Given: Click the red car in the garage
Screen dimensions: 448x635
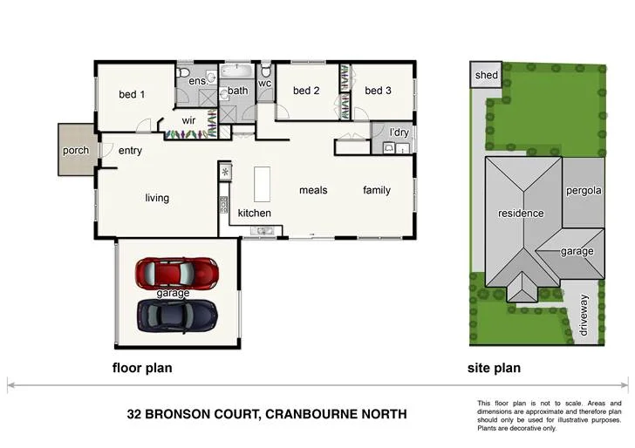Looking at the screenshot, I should click(x=177, y=273).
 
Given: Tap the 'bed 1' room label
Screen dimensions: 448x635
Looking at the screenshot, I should click(x=132, y=94).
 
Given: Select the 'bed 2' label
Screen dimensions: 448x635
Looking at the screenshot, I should click(x=307, y=91).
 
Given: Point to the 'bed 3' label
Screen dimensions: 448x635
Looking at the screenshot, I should click(x=379, y=91).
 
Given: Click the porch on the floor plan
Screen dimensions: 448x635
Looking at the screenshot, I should click(x=76, y=151).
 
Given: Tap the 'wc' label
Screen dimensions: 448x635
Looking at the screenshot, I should click(x=264, y=85).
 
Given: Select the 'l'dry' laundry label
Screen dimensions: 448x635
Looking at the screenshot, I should click(x=399, y=132).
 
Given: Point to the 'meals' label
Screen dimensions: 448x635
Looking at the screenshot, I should click(x=313, y=190).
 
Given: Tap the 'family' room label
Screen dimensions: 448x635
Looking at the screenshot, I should click(x=377, y=190).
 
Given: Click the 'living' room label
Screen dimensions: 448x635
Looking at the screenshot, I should click(x=157, y=198).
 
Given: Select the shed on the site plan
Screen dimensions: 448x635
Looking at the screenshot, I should click(x=486, y=75).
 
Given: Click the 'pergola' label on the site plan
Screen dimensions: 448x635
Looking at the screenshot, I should click(x=583, y=191).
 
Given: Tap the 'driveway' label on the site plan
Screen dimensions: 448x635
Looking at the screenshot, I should click(x=584, y=316).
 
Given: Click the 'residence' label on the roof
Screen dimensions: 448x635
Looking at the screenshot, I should click(x=521, y=214).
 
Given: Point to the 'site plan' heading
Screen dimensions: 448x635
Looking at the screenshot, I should click(x=494, y=369).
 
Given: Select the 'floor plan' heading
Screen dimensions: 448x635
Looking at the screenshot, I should click(x=142, y=369).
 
